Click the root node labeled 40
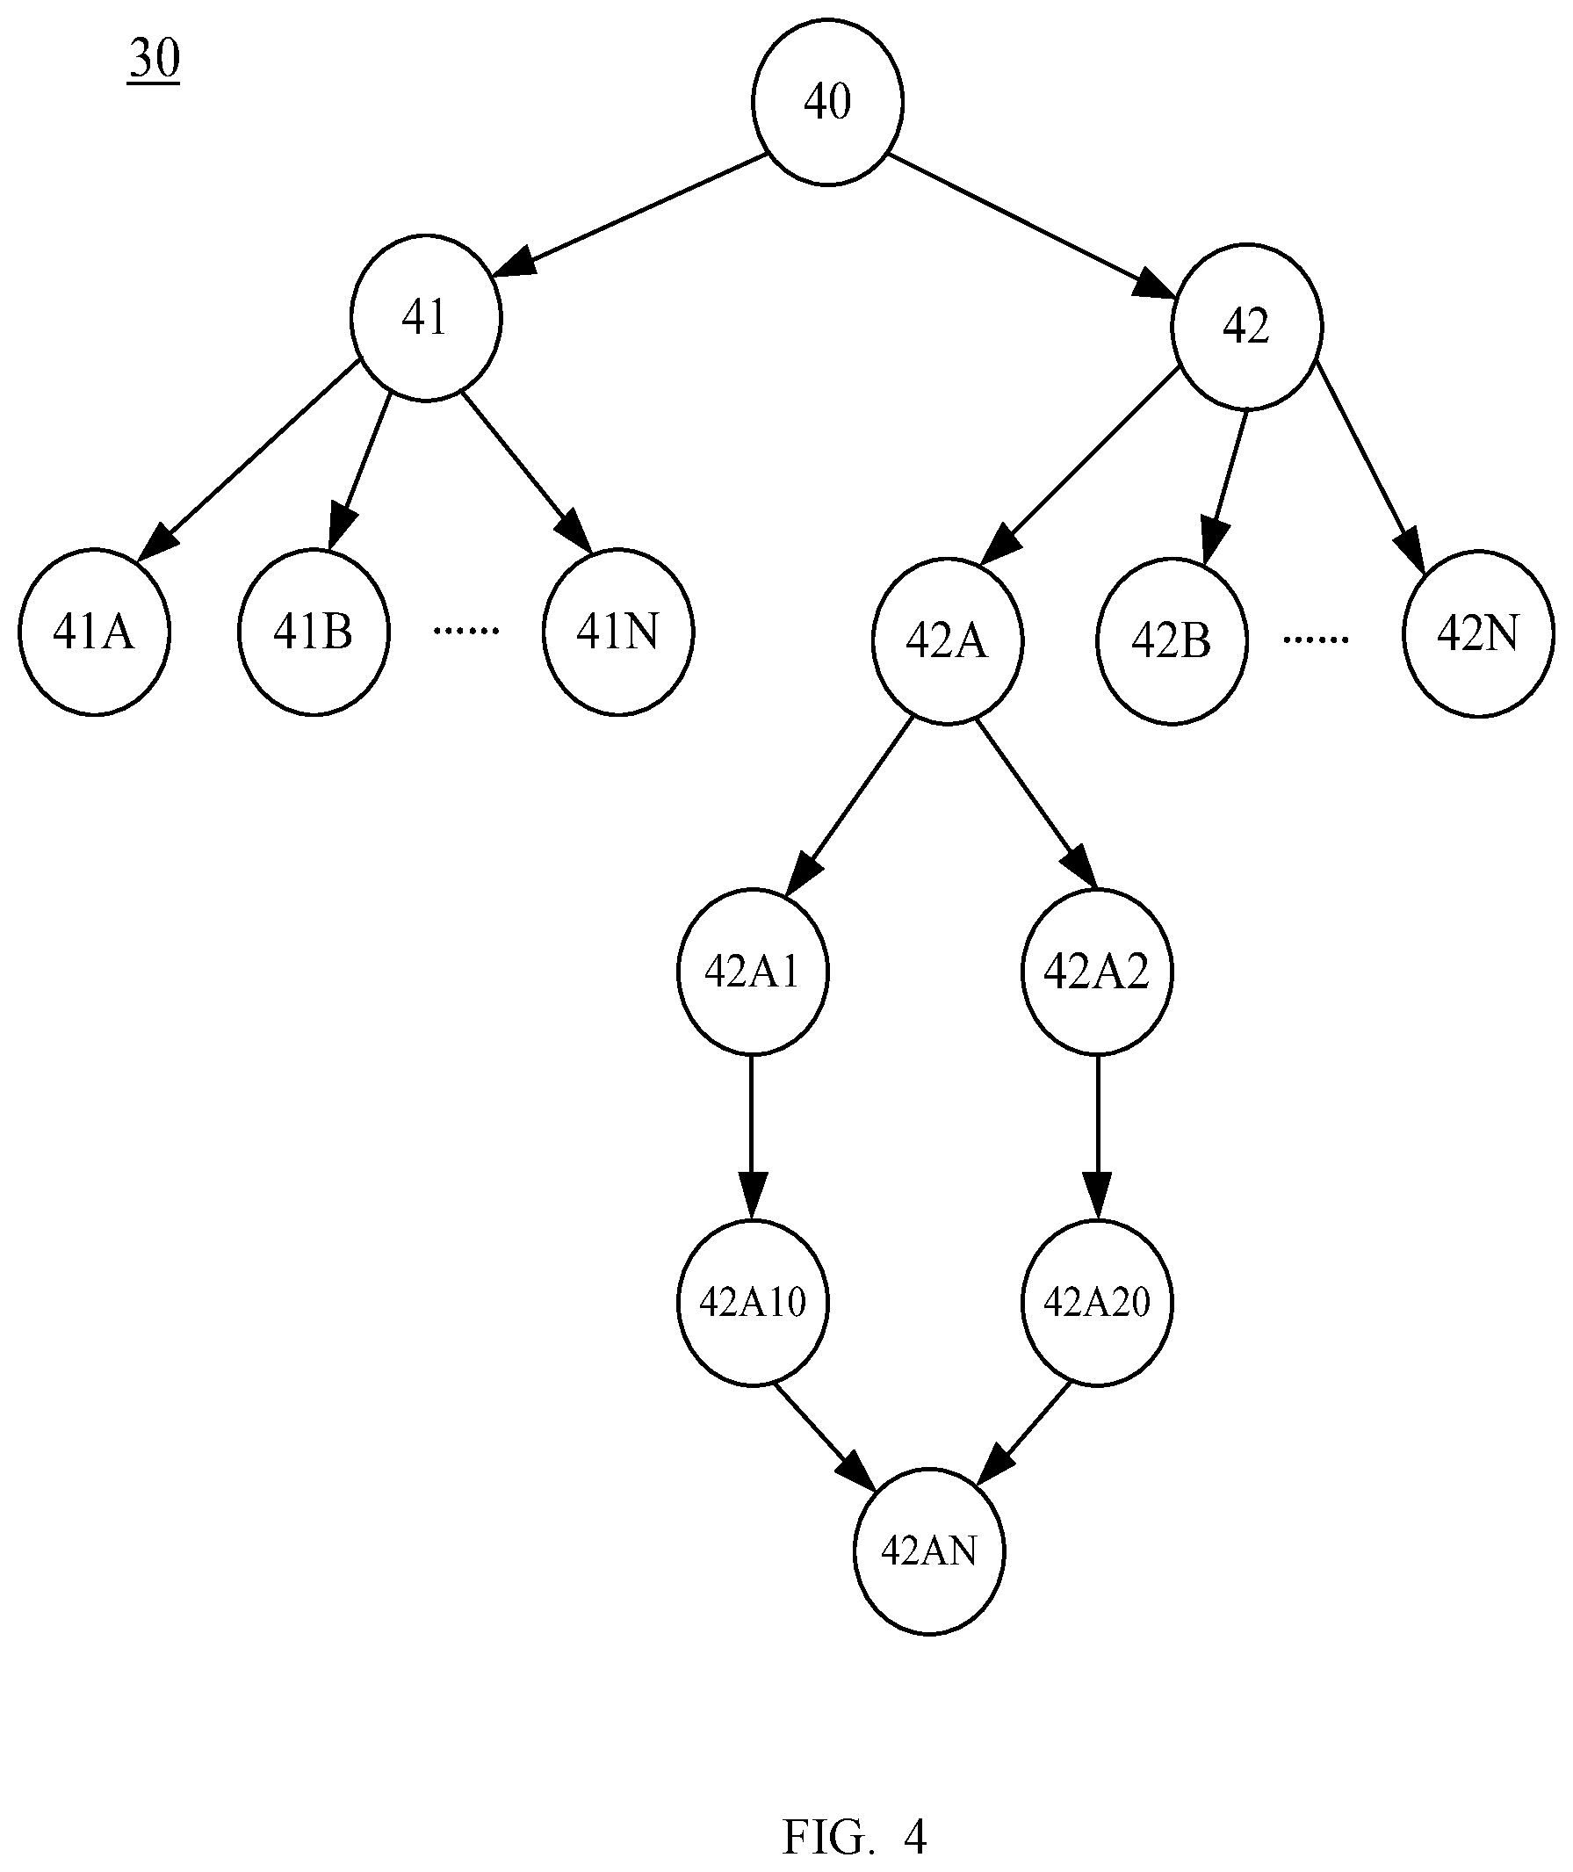(827, 102)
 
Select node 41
(426, 317)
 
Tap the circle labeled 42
(1246, 327)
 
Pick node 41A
(95, 632)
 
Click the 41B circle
(314, 632)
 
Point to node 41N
(619, 632)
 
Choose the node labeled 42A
(947, 640)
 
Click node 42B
(1172, 640)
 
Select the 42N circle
(1478, 633)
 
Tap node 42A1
(753, 972)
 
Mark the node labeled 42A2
(1097, 972)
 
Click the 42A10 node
(753, 1302)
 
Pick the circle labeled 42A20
(1097, 1302)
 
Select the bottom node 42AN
(929, 1551)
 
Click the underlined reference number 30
(155, 61)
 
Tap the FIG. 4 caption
(855, 1836)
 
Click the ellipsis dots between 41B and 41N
(465, 631)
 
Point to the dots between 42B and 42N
(1316, 640)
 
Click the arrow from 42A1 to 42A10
(752, 1137)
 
